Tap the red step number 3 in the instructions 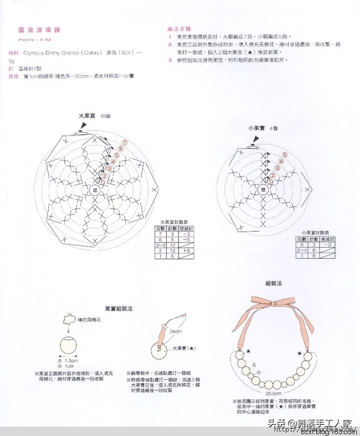coord(170,60)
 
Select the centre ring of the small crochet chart coord(263,188)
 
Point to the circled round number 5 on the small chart coord(285,155)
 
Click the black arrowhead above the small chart coord(253,145)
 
